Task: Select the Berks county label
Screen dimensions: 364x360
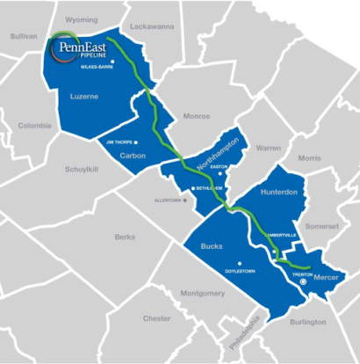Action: click(x=125, y=237)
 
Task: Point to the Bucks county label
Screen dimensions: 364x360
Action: click(x=212, y=247)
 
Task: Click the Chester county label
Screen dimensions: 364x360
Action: click(x=156, y=317)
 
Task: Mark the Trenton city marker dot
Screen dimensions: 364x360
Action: click(x=302, y=284)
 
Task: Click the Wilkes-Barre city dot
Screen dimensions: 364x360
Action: click(x=112, y=61)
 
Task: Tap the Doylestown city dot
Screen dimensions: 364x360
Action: click(x=239, y=262)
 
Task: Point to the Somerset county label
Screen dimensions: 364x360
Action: click(x=322, y=226)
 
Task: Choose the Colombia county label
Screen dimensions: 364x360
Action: click(x=36, y=125)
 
